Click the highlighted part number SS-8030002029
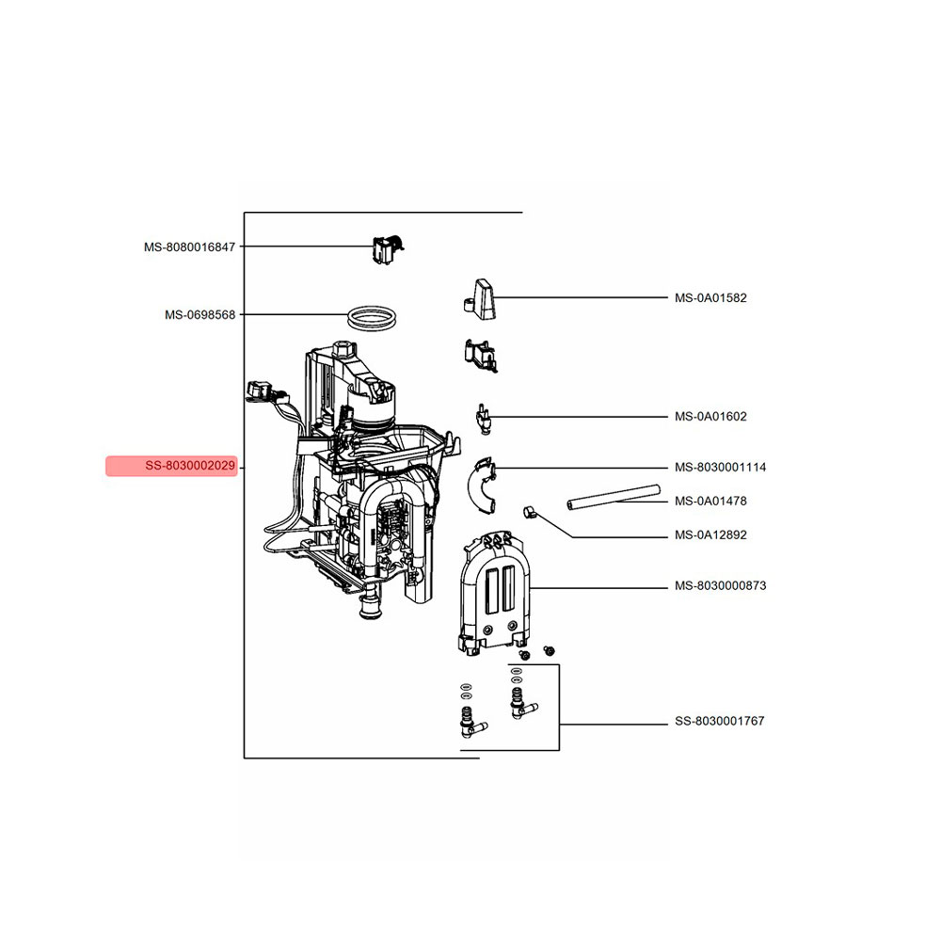(190, 466)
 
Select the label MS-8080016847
(190, 247)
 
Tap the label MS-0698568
(199, 315)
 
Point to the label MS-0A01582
(710, 298)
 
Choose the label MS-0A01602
(710, 417)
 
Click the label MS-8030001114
(720, 468)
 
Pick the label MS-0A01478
(710, 502)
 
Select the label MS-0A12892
(710, 535)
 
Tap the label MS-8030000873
(720, 585)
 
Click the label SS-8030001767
(720, 722)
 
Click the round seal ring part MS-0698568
(373, 308)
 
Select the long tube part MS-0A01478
(614, 497)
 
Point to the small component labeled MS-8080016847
(388, 250)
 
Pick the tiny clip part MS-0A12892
(529, 512)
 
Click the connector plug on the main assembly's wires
(260, 391)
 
